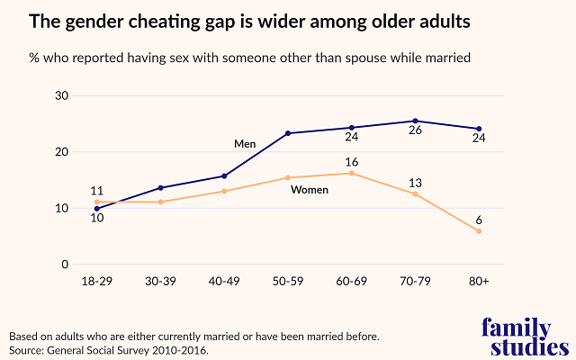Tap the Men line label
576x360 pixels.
tap(245, 144)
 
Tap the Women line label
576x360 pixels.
tap(310, 190)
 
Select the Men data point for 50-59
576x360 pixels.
tap(288, 133)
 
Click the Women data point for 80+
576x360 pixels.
tap(479, 231)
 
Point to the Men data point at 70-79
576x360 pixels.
tap(415, 121)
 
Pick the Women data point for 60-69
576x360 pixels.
tap(352, 173)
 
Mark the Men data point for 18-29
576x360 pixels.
tap(97, 209)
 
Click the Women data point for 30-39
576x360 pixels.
tap(160, 202)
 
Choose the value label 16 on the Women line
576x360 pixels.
tap(352, 160)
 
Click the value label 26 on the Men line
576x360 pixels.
tap(415, 138)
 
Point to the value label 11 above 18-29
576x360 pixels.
tap(97, 191)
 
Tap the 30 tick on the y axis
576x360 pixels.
tap(62, 96)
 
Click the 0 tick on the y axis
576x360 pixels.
tap(65, 265)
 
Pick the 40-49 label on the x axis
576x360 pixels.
tap(224, 282)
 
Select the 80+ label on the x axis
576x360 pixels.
tap(479, 282)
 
